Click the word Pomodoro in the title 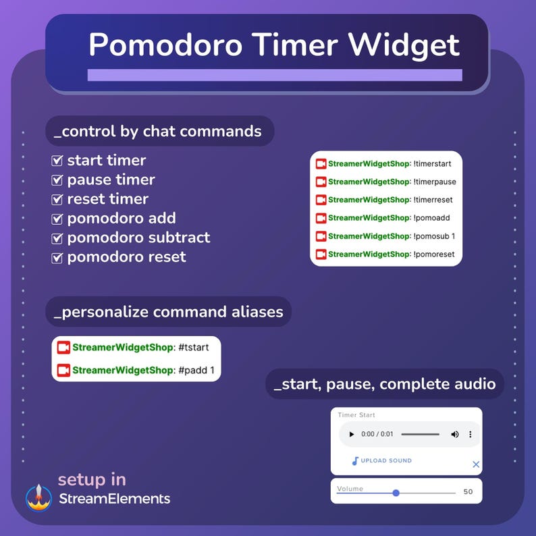coord(165,45)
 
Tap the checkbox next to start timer coord(57,161)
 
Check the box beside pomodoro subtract coord(57,238)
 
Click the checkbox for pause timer coord(57,180)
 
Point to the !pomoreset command coord(433,254)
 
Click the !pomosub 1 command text coord(434,236)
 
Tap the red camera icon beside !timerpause coord(321,182)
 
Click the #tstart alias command coord(194,348)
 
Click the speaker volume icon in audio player coord(455,434)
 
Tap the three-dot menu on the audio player coord(471,434)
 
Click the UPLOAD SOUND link coord(385,461)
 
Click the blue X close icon coord(476,464)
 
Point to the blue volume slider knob coord(396,493)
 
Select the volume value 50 coord(468,492)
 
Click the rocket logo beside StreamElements coord(38,497)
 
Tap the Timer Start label coord(356,415)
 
